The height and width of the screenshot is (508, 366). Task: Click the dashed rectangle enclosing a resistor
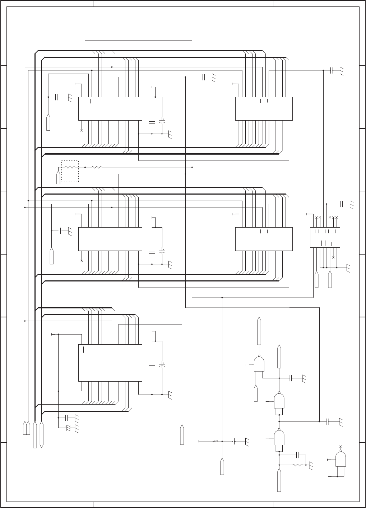(x=70, y=171)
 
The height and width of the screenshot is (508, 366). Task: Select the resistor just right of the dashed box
(x=97, y=167)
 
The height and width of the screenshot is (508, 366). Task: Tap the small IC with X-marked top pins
(x=325, y=237)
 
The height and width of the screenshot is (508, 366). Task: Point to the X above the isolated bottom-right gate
(x=340, y=446)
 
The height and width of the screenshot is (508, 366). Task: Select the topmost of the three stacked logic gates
(x=259, y=364)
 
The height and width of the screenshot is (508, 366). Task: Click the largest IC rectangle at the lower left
(x=110, y=363)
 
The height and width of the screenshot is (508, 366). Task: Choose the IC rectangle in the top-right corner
(x=264, y=108)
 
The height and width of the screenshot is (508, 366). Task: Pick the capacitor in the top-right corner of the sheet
(x=332, y=71)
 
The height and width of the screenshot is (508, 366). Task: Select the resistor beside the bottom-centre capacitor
(x=215, y=441)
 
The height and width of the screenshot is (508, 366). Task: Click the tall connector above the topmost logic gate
(x=259, y=331)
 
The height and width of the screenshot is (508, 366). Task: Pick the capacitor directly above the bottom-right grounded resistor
(x=298, y=455)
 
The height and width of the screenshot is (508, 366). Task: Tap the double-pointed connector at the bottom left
(x=42, y=434)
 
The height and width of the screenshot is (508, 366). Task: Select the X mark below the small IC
(x=333, y=258)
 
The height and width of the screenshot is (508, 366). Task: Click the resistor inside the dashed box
(x=70, y=167)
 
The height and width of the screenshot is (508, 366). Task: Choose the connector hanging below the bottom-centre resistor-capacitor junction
(x=222, y=466)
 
